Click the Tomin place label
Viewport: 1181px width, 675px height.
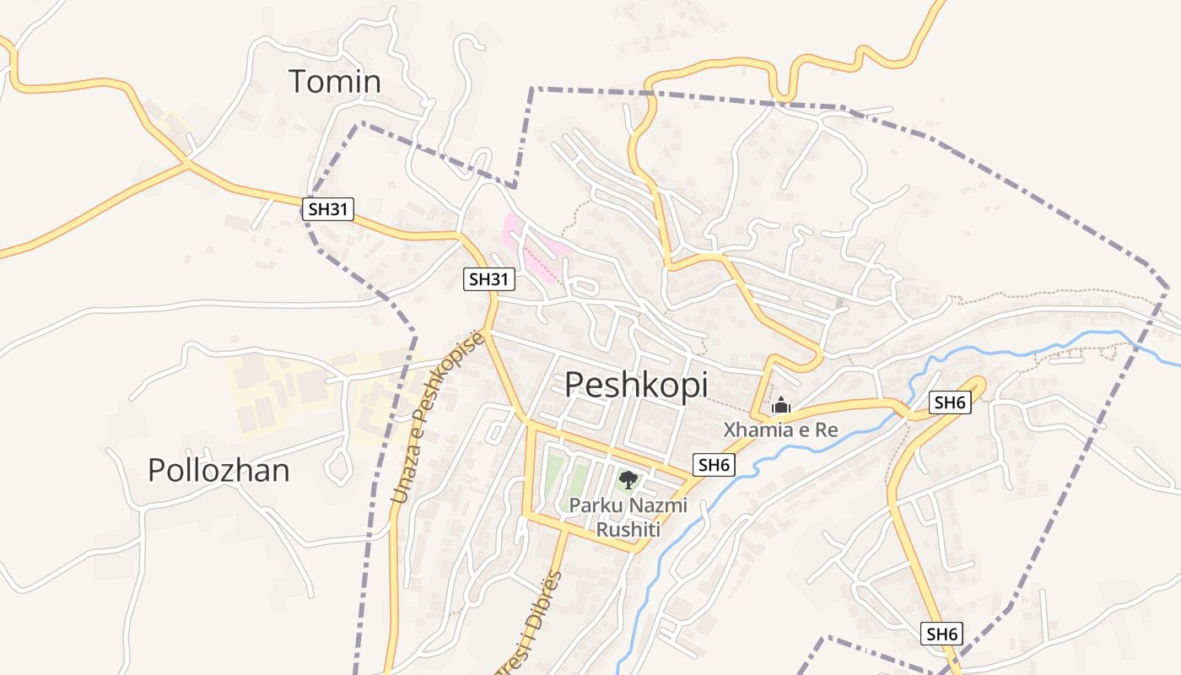(335, 82)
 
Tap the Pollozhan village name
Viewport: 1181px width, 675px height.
(218, 470)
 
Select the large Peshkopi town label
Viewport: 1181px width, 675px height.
(636, 384)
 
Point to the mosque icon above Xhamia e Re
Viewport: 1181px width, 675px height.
(780, 405)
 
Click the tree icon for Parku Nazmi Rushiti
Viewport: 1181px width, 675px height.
(627, 481)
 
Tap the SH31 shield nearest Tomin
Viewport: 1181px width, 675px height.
(327, 209)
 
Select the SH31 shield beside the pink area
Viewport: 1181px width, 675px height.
(488, 278)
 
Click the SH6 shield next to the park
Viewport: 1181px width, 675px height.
(714, 464)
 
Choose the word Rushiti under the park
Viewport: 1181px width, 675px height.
(628, 530)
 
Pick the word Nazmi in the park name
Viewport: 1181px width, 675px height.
(662, 505)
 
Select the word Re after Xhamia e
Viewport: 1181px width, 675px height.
(826, 429)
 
